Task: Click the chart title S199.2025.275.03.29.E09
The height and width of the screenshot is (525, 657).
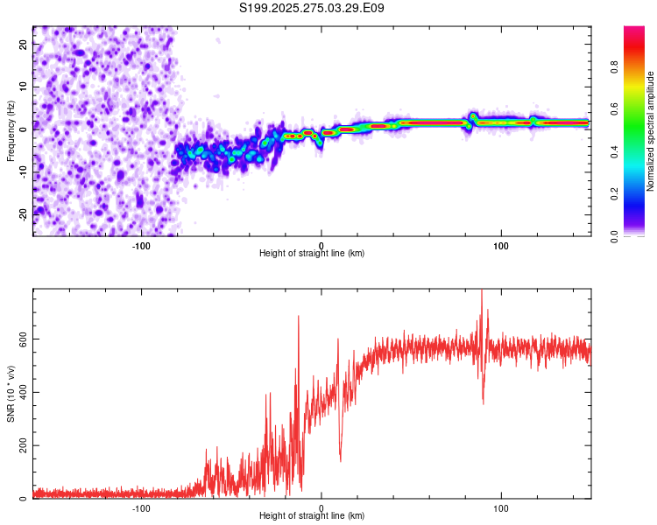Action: point(312,8)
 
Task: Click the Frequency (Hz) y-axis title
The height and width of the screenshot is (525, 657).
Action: point(11,130)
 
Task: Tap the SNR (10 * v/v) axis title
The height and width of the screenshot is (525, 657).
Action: point(11,394)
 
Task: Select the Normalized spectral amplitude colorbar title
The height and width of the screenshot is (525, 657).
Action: point(651,131)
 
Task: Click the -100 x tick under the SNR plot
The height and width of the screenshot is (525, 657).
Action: point(141,508)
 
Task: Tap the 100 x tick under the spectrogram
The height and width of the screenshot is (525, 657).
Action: point(501,246)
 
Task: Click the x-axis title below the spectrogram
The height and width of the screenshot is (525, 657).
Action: point(312,254)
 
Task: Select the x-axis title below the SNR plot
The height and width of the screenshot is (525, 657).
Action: point(312,516)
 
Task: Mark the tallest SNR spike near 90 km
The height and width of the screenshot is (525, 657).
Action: point(482,291)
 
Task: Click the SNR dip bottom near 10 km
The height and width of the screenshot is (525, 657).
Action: point(340,459)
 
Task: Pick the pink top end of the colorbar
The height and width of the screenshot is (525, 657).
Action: point(634,31)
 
